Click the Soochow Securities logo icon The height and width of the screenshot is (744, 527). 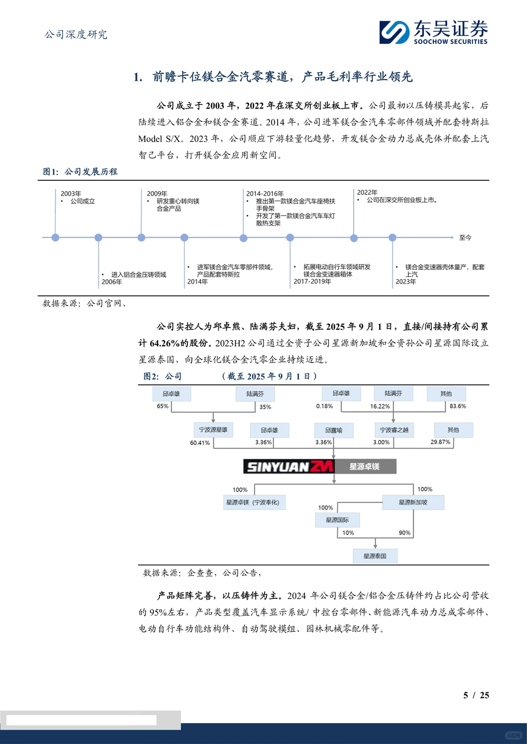pyautogui.click(x=394, y=33)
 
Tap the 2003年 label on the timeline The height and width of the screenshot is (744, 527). pyautogui.click(x=71, y=193)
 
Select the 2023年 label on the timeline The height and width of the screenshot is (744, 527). pyautogui.click(x=405, y=282)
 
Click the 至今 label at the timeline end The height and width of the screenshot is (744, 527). pyautogui.click(x=465, y=238)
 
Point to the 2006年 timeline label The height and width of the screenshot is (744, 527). pyautogui.click(x=112, y=282)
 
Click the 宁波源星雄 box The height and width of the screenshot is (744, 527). pyautogui.click(x=213, y=430)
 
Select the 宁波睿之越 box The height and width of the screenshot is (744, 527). pyautogui.click(x=394, y=430)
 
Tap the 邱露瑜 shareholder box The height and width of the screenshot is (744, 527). pyautogui.click(x=334, y=430)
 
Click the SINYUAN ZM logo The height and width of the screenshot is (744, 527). pyautogui.click(x=289, y=467)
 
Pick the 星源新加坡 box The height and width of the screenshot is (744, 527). pyautogui.click(x=413, y=502)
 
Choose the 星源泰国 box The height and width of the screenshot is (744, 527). pyautogui.click(x=375, y=556)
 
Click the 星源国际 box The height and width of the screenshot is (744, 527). pyautogui.click(x=337, y=520)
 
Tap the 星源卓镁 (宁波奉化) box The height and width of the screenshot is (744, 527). pyautogui.click(x=253, y=502)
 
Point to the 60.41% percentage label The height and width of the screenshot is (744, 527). pyautogui.click(x=200, y=443)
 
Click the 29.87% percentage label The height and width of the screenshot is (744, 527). pyautogui.click(x=440, y=442)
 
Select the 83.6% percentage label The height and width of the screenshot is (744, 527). pyautogui.click(x=458, y=406)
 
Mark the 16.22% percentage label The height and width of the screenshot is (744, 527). pyautogui.click(x=380, y=406)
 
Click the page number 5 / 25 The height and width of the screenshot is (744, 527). pyautogui.click(x=476, y=695)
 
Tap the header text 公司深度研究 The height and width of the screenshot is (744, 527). pyautogui.click(x=76, y=35)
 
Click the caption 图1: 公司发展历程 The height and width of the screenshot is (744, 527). pyautogui.click(x=81, y=172)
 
